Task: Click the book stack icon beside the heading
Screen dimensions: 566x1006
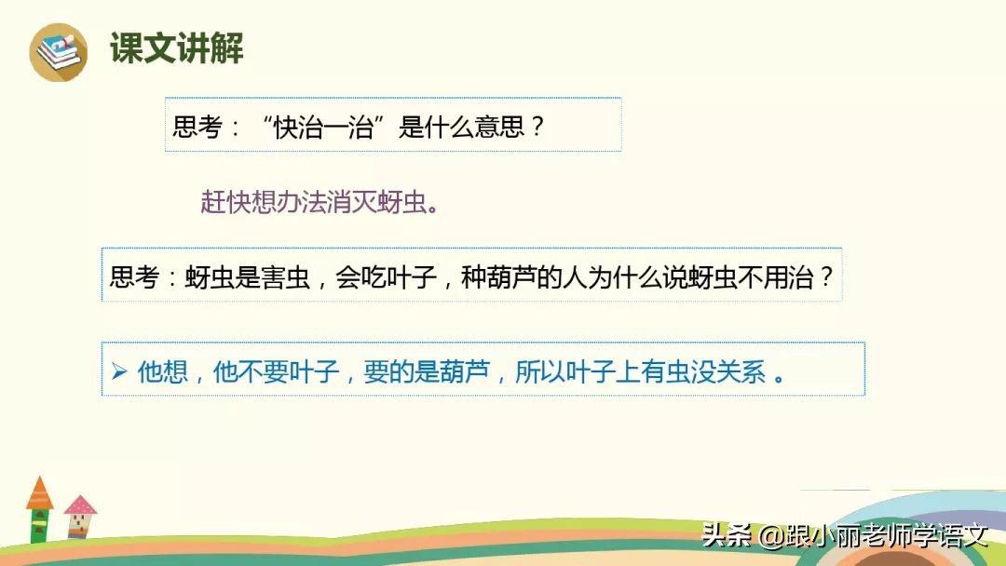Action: tap(58, 52)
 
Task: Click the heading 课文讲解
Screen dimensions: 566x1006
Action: tap(177, 47)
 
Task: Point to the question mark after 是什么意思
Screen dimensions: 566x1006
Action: tap(537, 127)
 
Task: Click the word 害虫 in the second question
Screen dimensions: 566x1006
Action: tap(285, 276)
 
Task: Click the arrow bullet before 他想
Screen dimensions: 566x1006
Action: tap(118, 371)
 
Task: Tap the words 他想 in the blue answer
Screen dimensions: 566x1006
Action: tap(162, 371)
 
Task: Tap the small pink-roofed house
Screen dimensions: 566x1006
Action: tap(80, 517)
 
